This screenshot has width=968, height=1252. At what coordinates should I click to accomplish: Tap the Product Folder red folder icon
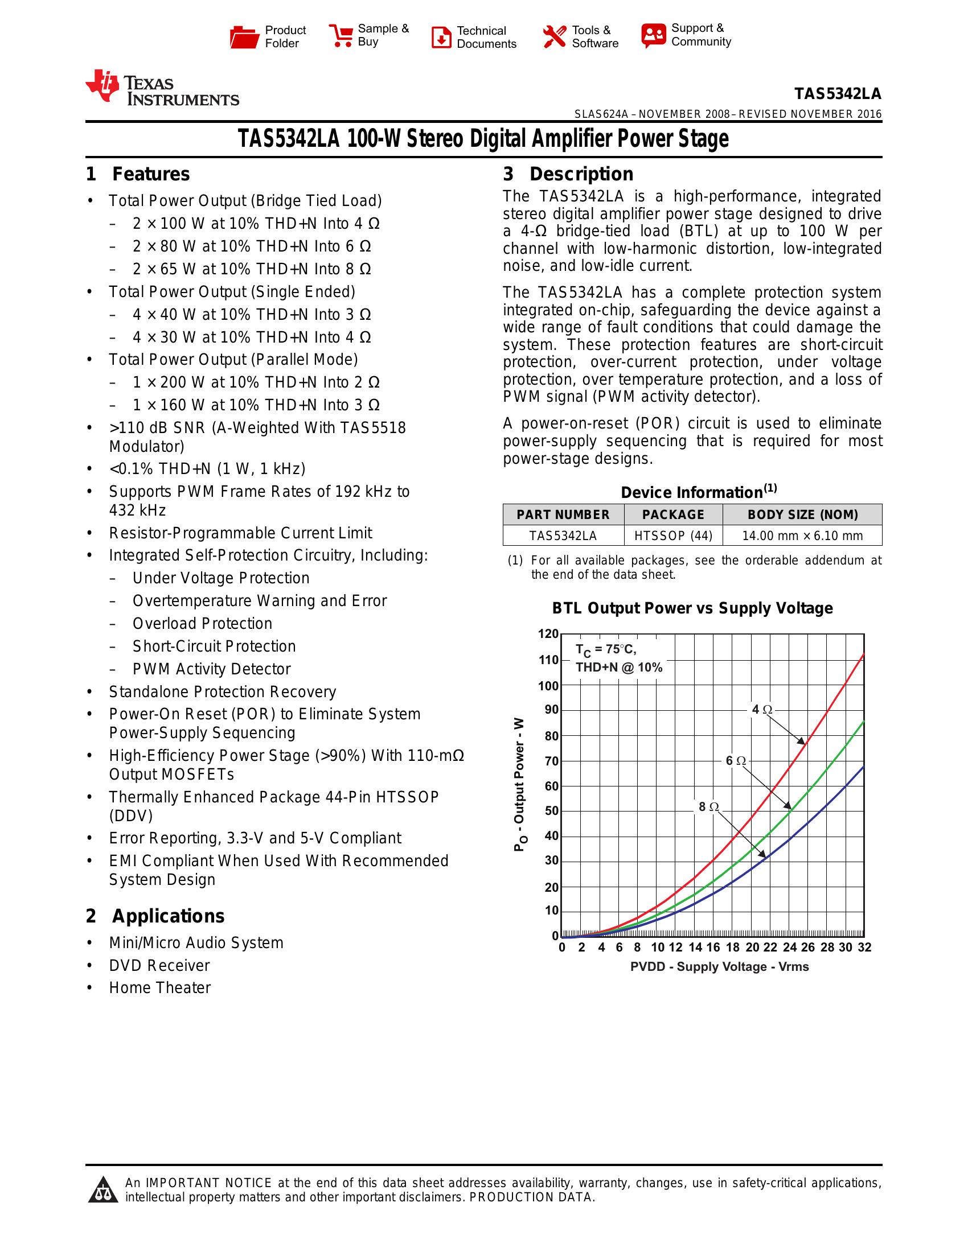click(x=244, y=37)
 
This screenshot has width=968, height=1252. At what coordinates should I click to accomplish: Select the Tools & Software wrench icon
click(x=554, y=36)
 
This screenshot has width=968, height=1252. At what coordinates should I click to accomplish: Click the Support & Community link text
click(x=700, y=35)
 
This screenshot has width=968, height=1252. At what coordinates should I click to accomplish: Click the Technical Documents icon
click(x=441, y=37)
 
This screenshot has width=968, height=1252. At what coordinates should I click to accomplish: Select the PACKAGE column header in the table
click(x=672, y=515)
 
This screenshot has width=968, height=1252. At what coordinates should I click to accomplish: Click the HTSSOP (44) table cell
click(x=672, y=536)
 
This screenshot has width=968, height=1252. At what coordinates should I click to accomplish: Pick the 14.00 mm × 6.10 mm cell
click(x=802, y=536)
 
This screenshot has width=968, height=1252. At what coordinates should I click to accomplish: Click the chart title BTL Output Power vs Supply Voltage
click(x=692, y=608)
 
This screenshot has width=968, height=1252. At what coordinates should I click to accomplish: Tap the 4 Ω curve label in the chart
click(x=762, y=710)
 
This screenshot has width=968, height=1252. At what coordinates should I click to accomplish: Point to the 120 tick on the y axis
click(x=548, y=633)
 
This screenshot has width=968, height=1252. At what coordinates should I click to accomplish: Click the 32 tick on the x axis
click(x=864, y=948)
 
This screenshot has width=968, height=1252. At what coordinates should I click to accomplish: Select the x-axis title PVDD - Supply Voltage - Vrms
click(x=719, y=967)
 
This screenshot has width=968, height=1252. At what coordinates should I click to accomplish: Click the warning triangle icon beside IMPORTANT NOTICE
click(x=103, y=1189)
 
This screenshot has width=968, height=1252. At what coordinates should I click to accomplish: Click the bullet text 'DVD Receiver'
click(x=159, y=965)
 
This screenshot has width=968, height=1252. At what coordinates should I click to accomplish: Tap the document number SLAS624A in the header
click(x=601, y=114)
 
